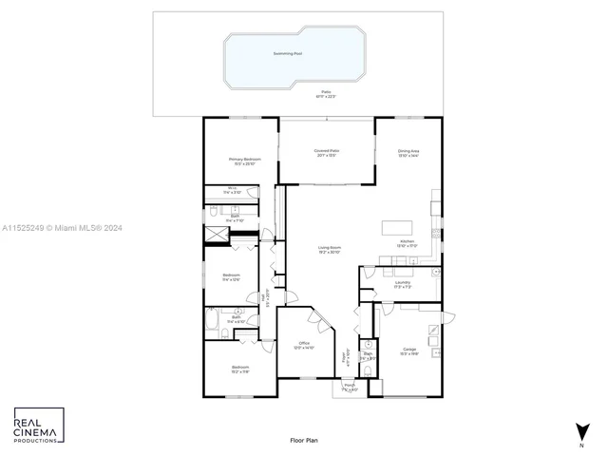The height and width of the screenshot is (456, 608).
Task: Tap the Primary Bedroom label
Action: click(244, 160)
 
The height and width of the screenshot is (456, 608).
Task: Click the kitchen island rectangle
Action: click(398, 227)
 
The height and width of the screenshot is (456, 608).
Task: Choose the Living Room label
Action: click(330, 248)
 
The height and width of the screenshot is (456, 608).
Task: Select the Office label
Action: click(304, 344)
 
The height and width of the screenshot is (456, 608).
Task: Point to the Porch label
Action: click(349, 386)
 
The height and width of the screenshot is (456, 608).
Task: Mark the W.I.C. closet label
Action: click(232, 189)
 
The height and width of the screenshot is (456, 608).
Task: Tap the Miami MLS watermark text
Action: click(57, 228)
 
